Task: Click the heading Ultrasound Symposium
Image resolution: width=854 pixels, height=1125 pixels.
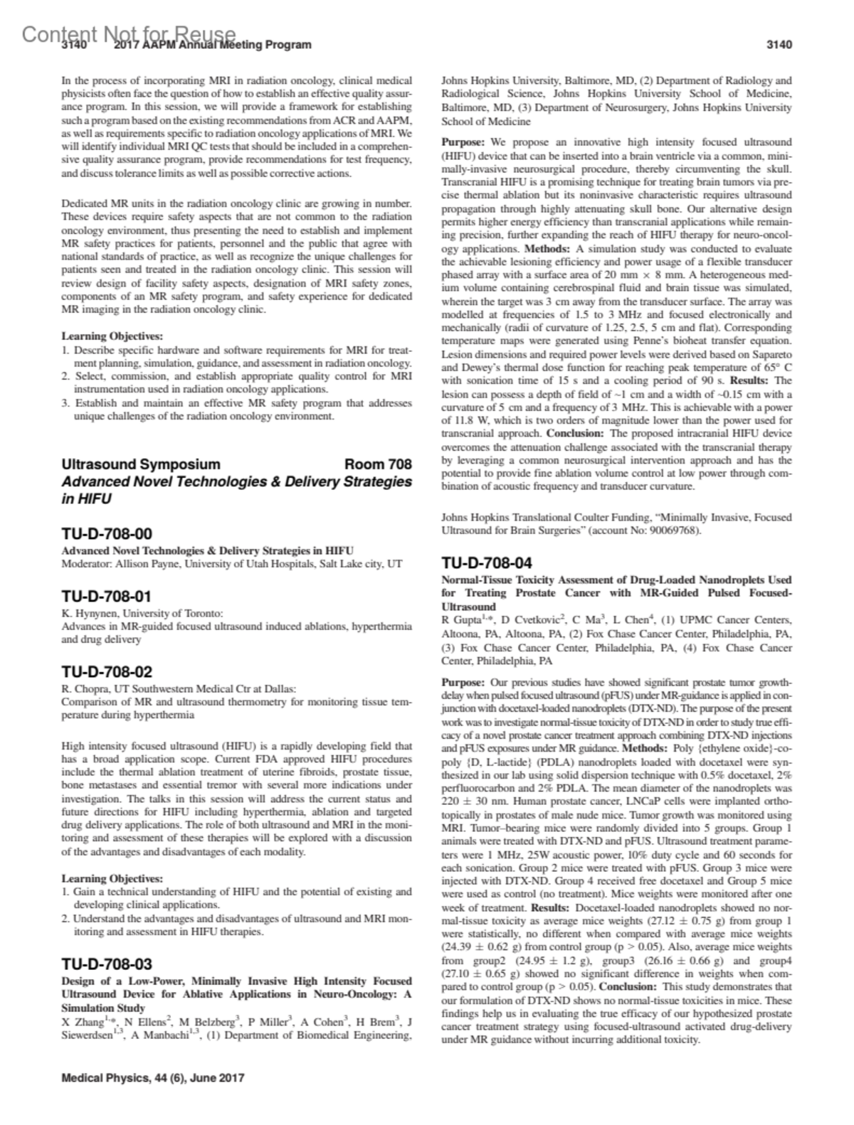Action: click(141, 464)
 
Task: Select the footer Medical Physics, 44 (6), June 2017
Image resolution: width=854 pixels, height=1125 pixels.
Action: click(153, 1077)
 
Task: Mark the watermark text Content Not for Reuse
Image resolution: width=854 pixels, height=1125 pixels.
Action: click(129, 33)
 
